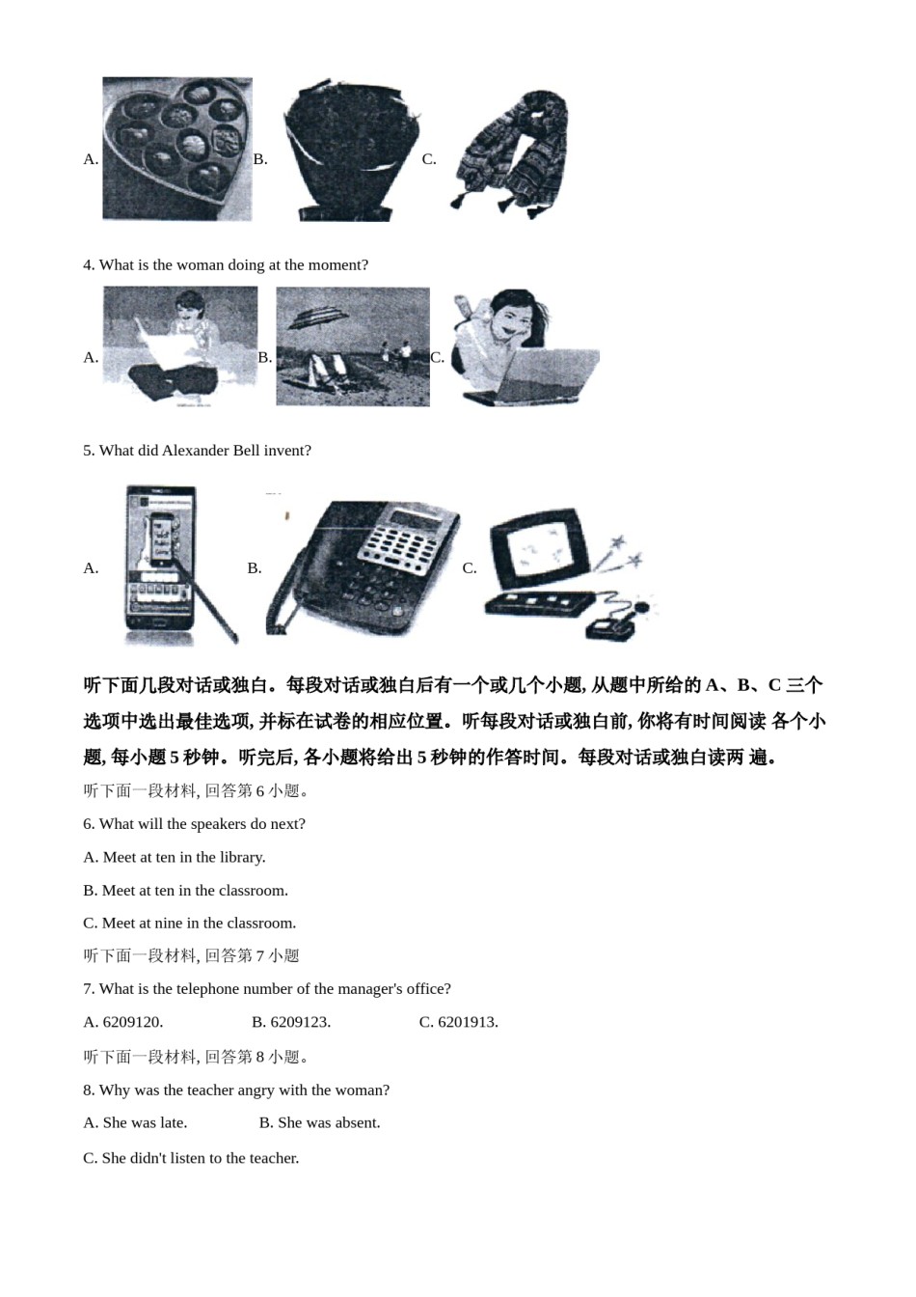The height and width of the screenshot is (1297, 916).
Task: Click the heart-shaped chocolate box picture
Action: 177,150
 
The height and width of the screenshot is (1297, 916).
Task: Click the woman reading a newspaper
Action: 180,346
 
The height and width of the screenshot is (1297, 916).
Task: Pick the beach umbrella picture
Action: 352,346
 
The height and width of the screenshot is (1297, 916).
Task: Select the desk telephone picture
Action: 364,566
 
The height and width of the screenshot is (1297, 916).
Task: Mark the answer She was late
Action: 145,1123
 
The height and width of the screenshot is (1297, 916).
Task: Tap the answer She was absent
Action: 329,1123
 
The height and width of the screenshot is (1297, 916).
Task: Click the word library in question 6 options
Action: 240,858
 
